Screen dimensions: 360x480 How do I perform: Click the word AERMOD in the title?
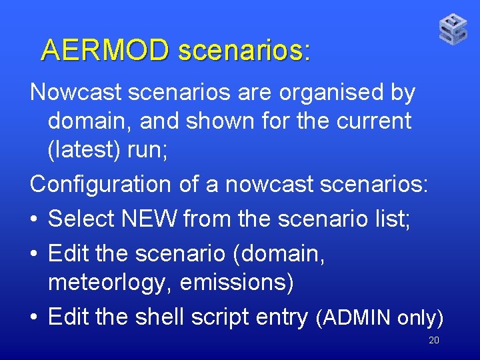(x=105, y=50)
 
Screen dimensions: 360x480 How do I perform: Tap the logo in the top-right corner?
(x=453, y=30)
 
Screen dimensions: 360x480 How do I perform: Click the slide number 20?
(x=433, y=341)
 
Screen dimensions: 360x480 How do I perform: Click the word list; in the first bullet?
(x=393, y=218)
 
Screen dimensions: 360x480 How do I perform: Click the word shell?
(x=159, y=317)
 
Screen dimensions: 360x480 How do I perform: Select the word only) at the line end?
(x=421, y=319)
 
